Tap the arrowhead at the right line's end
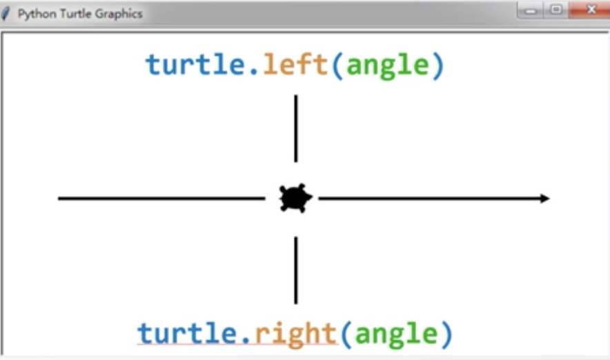click(x=545, y=199)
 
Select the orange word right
click(x=295, y=333)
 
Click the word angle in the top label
click(x=387, y=66)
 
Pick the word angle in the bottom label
click(x=396, y=334)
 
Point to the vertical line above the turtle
click(x=296, y=128)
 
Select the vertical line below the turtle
click(x=296, y=270)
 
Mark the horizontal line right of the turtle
click(x=428, y=199)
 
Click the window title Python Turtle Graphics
click(x=80, y=14)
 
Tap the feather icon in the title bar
click(x=7, y=14)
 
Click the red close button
click(x=591, y=10)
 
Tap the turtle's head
click(x=308, y=199)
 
